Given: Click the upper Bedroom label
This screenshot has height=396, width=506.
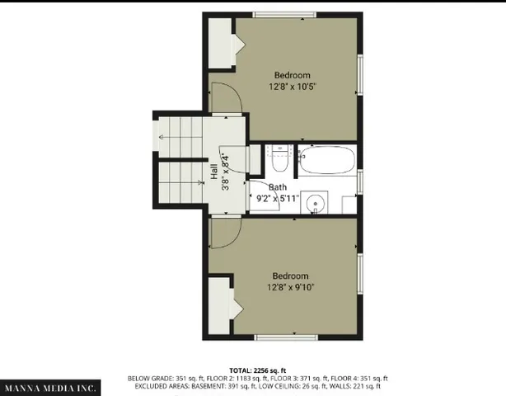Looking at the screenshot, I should click(293, 75).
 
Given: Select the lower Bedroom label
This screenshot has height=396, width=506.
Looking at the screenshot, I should click(290, 276).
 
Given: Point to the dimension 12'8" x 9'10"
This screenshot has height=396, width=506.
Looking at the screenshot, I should click(290, 287).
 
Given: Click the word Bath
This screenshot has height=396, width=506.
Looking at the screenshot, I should click(277, 187).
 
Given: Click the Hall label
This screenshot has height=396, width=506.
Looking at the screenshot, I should click(214, 172).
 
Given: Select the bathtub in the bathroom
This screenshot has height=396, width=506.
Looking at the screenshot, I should click(326, 158).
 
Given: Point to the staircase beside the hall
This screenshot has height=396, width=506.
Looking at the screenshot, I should click(180, 159).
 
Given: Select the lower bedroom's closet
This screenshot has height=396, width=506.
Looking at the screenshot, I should click(218, 305).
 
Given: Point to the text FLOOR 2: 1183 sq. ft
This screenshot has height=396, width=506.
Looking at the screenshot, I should click(218, 379).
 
